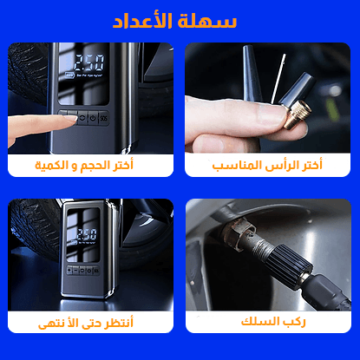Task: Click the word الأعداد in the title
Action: tap(147, 20)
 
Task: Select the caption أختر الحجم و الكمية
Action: tap(91, 164)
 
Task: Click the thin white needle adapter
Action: tap(276, 78)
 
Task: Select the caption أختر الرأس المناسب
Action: tap(269, 164)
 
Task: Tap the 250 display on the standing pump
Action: tap(87, 235)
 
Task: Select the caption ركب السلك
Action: tap(269, 323)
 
